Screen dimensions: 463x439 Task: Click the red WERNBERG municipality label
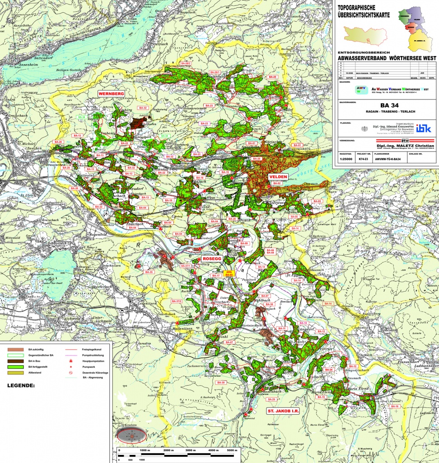111,94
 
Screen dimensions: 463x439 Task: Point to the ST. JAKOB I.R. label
279,411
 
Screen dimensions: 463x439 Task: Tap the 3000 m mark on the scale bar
191,450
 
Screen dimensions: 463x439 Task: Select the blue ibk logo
424,128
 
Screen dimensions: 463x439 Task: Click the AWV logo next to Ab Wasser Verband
348,89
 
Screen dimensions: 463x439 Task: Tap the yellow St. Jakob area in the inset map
421,42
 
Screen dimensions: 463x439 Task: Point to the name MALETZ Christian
407,146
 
